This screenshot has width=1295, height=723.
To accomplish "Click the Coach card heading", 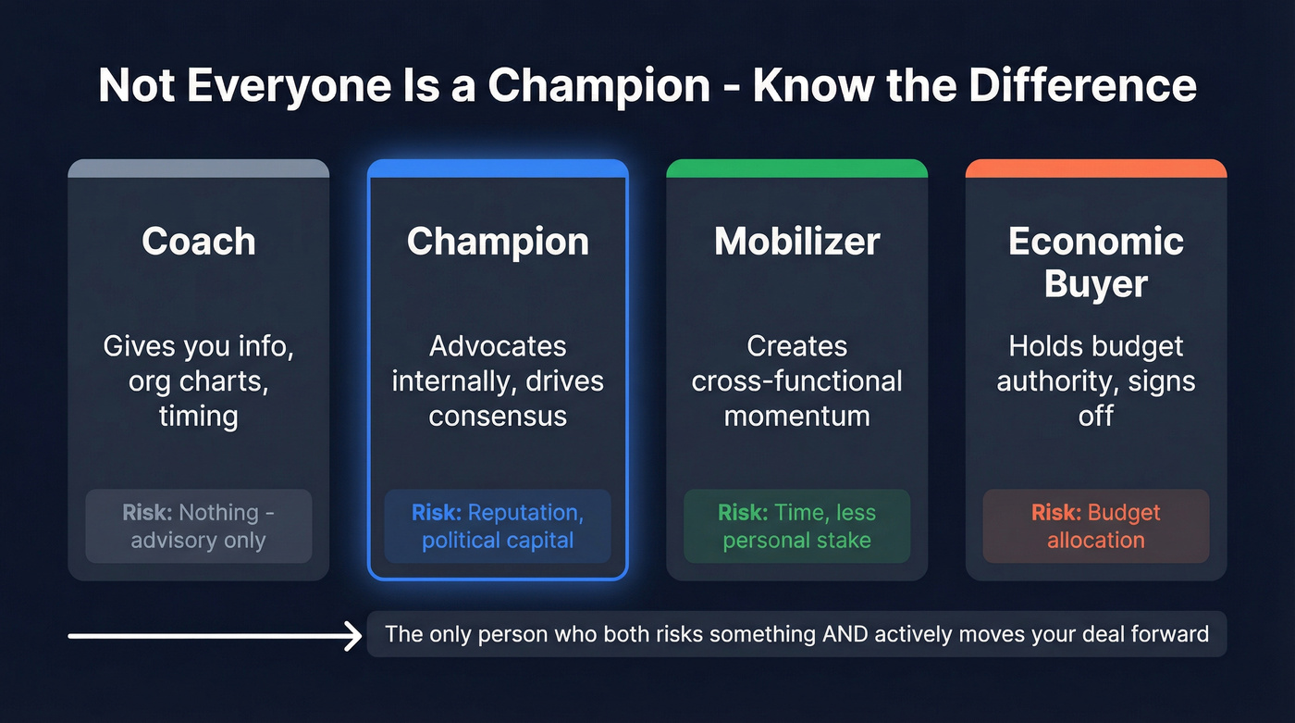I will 198,242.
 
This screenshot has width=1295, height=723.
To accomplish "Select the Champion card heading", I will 498,242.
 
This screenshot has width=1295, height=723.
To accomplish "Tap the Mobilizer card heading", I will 796,242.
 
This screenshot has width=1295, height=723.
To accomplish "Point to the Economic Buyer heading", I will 1095,262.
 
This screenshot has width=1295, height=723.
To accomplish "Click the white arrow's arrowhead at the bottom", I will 352,636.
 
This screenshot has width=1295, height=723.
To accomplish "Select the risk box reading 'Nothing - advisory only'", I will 198,526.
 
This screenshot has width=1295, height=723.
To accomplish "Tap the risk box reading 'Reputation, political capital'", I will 498,526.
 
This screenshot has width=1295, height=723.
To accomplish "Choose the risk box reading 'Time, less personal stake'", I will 796,526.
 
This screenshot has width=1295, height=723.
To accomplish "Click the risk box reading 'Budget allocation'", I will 1095,526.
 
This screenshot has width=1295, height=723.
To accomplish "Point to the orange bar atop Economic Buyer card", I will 1095,168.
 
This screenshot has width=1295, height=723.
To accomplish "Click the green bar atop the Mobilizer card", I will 796,168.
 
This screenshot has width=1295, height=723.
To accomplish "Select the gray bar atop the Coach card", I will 198,168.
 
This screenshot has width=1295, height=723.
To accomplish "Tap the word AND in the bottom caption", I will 867,634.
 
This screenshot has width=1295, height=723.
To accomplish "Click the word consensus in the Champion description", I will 498,416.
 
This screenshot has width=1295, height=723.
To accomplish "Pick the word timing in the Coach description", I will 198,416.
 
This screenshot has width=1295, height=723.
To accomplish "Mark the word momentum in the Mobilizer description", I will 796,416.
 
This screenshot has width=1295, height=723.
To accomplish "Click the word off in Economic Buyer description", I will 1095,416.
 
